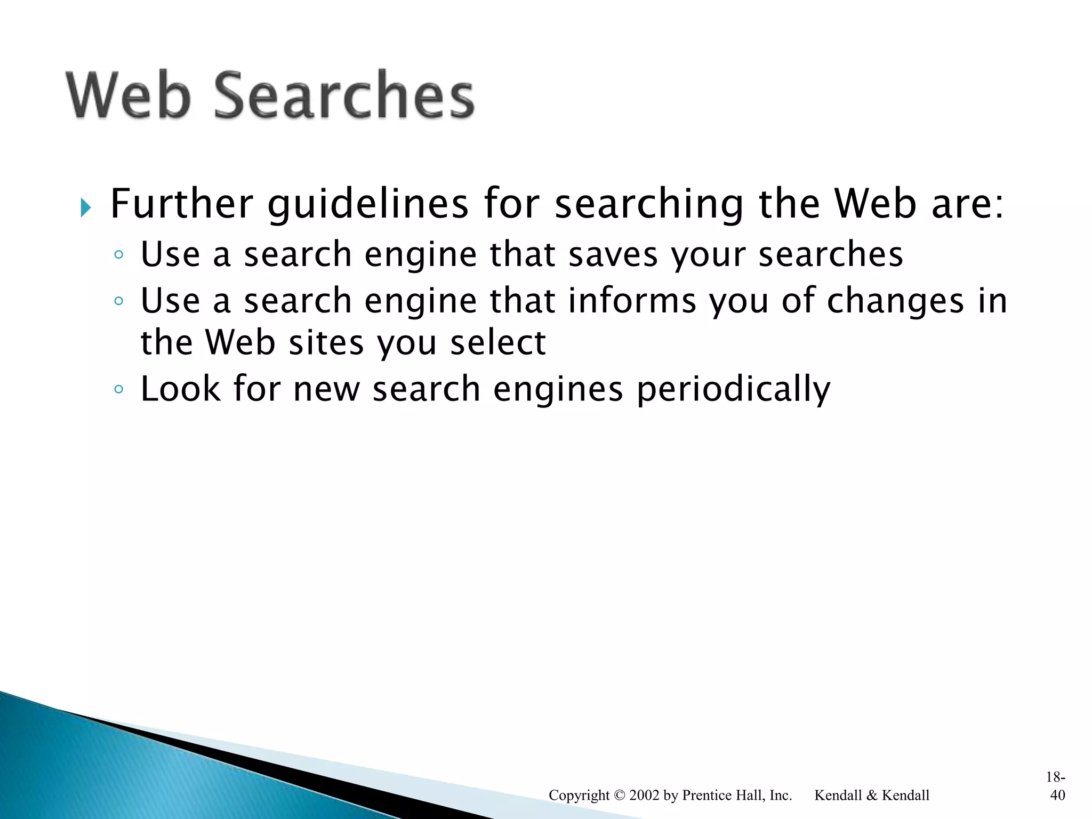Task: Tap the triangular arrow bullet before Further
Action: [x=86, y=207]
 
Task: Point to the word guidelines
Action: [x=368, y=205]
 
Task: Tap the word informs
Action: [x=632, y=301]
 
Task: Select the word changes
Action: [x=895, y=302]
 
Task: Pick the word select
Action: [x=498, y=342]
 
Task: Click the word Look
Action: [x=180, y=389]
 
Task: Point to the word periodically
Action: [x=734, y=390]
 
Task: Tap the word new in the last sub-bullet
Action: [x=326, y=390]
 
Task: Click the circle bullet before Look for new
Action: [x=119, y=389]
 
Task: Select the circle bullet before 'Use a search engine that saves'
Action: [x=119, y=255]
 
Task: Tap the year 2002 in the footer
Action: [x=645, y=796]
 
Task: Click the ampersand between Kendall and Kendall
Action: [x=871, y=796]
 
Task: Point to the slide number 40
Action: [x=1057, y=795]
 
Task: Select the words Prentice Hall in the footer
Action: [x=724, y=796]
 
